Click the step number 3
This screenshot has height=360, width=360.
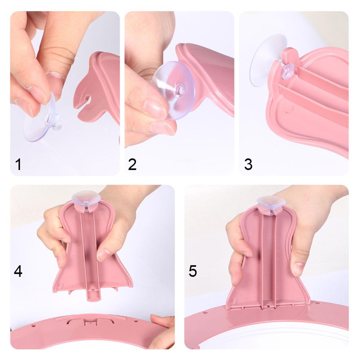click(x=248, y=164)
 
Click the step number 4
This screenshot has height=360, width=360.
click(x=18, y=271)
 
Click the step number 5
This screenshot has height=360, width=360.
click(x=193, y=271)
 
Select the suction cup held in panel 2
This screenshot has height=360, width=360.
click(x=173, y=90)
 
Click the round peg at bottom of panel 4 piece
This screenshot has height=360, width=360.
click(x=91, y=297)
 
